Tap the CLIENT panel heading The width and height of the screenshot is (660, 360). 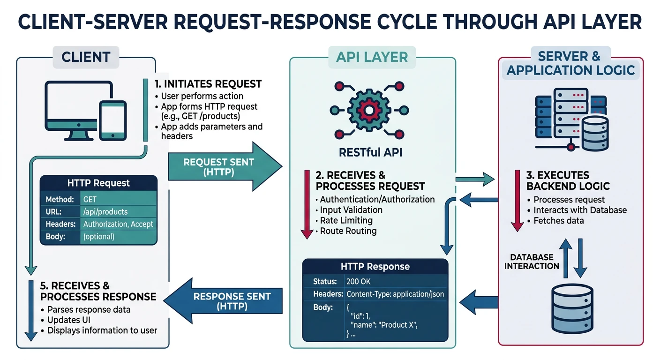point(86,57)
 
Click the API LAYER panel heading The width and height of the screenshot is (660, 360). point(372,57)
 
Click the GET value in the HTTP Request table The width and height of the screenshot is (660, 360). point(90,199)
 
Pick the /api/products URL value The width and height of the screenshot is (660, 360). point(105,212)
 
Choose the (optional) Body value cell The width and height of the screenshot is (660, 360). point(98,236)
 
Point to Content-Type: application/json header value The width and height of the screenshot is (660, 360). point(394,294)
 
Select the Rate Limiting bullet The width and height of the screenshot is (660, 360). point(346,220)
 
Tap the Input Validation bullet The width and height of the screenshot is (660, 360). point(351,210)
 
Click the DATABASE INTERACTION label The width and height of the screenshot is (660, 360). point(532,262)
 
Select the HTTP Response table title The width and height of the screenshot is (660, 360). point(375,267)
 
